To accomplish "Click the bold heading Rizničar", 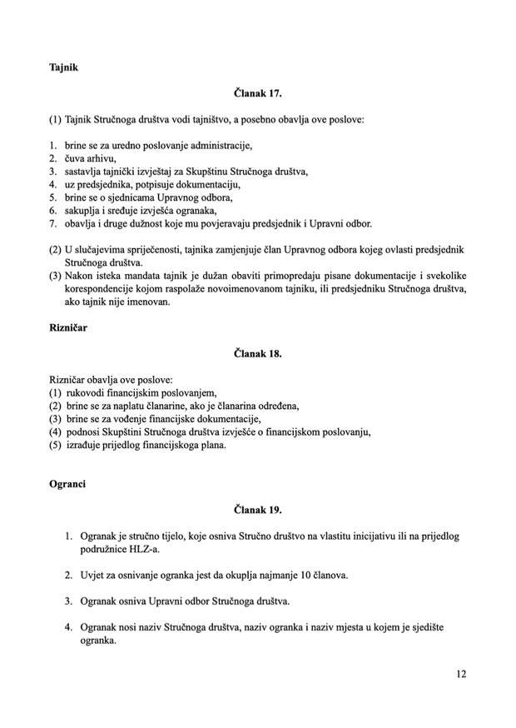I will click(x=69, y=327).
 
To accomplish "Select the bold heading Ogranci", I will click(x=67, y=483).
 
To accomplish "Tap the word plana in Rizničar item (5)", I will click(x=206, y=445).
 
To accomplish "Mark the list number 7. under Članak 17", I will click(x=52, y=224).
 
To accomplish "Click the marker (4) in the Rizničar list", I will click(x=56, y=431).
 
